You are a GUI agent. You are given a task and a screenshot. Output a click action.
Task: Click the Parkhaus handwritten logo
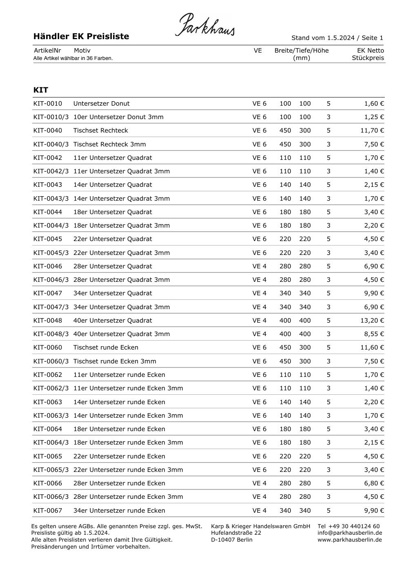point(205,25)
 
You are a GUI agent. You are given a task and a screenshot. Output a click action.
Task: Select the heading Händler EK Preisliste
point(81,36)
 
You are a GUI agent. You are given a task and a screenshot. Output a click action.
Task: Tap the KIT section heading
point(41,90)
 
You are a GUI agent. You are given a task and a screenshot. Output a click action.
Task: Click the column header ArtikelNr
point(47,51)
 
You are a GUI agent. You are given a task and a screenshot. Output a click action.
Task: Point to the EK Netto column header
point(370,51)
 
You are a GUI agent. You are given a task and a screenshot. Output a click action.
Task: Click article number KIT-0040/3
point(51,144)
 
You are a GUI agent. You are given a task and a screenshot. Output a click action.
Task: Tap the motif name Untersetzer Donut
point(102,104)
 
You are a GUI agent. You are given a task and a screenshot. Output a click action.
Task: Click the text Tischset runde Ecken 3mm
point(115,361)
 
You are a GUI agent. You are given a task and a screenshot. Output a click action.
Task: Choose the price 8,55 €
point(374,334)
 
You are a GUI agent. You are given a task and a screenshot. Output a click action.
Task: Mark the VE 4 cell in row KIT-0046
point(259,266)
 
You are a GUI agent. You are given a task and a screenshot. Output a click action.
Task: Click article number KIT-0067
point(48,511)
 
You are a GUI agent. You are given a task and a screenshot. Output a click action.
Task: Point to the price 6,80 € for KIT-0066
point(374,483)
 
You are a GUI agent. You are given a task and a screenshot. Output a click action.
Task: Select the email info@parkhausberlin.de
point(350,533)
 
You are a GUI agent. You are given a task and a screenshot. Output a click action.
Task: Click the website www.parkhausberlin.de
point(350,540)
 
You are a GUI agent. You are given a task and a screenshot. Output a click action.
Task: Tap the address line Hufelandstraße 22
point(236,533)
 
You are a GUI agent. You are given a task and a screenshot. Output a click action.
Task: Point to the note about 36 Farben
point(73,58)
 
